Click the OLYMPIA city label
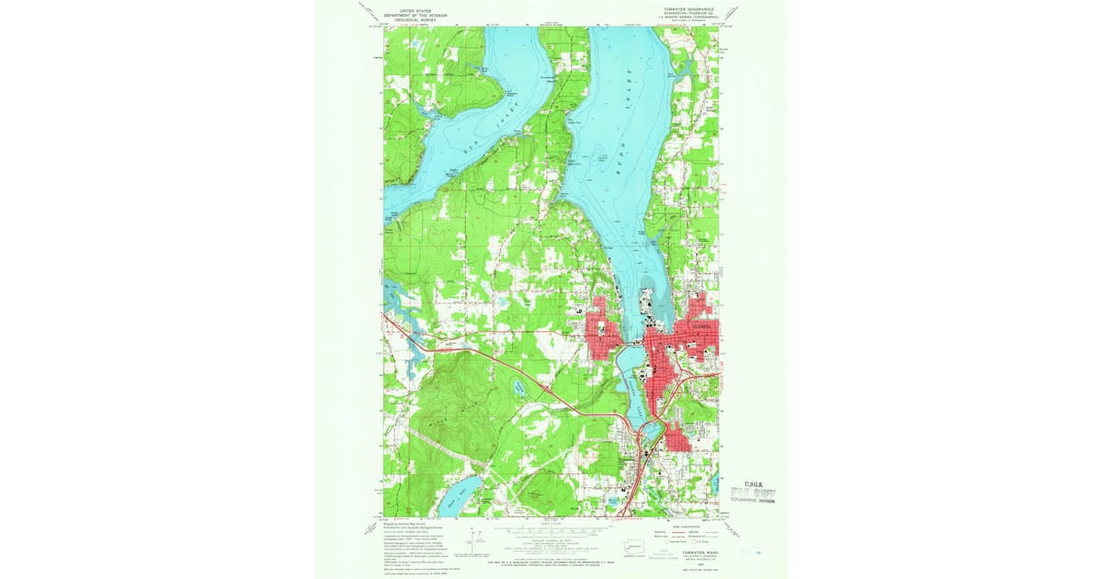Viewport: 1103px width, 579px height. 701,324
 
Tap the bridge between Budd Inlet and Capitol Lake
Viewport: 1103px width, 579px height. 634,346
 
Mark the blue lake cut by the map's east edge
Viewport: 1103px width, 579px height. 715,481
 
